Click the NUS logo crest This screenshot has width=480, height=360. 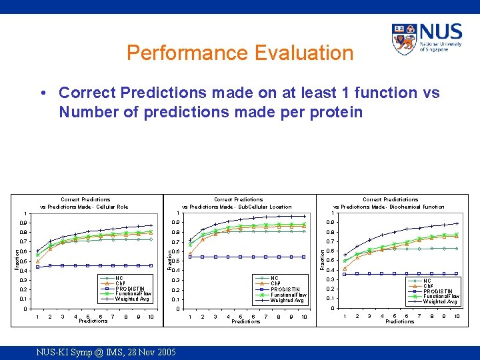point(404,39)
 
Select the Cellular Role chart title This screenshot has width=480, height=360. point(85,203)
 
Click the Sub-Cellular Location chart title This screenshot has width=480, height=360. point(238,203)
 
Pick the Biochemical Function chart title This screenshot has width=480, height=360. point(389,203)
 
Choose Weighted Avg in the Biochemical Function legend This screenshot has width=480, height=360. point(440,301)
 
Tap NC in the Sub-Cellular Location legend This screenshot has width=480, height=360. point(274,279)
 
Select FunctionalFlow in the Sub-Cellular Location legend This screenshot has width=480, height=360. point(288,295)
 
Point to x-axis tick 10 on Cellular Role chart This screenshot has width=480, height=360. point(151,317)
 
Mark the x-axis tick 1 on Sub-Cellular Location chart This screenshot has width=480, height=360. point(191,317)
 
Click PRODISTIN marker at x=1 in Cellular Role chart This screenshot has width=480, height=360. point(37,267)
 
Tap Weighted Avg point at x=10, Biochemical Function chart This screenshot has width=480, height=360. point(457,223)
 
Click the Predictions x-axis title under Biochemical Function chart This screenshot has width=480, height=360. point(399,322)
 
